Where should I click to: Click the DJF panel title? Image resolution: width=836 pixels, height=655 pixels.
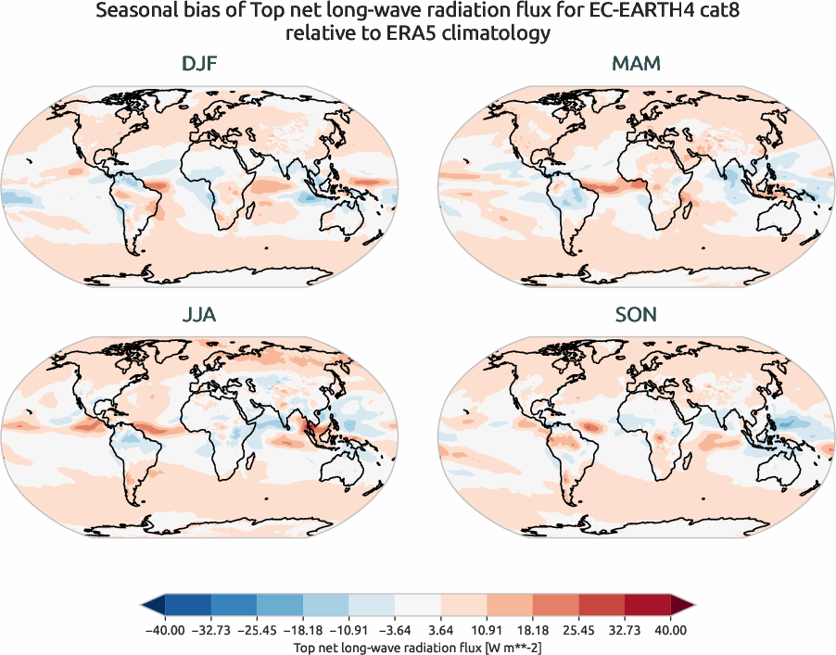coord(199,65)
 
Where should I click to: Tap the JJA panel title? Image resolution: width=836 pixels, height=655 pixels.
coord(199,315)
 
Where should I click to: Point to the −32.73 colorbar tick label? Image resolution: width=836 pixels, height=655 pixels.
coord(210,630)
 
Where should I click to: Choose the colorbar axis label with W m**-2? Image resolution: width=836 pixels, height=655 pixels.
coord(418,645)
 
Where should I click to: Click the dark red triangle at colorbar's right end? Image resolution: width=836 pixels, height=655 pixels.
coord(681,606)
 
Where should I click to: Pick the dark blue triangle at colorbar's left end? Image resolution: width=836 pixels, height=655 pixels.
coord(154,606)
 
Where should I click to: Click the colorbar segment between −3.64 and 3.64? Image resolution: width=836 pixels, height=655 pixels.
coord(418,606)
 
